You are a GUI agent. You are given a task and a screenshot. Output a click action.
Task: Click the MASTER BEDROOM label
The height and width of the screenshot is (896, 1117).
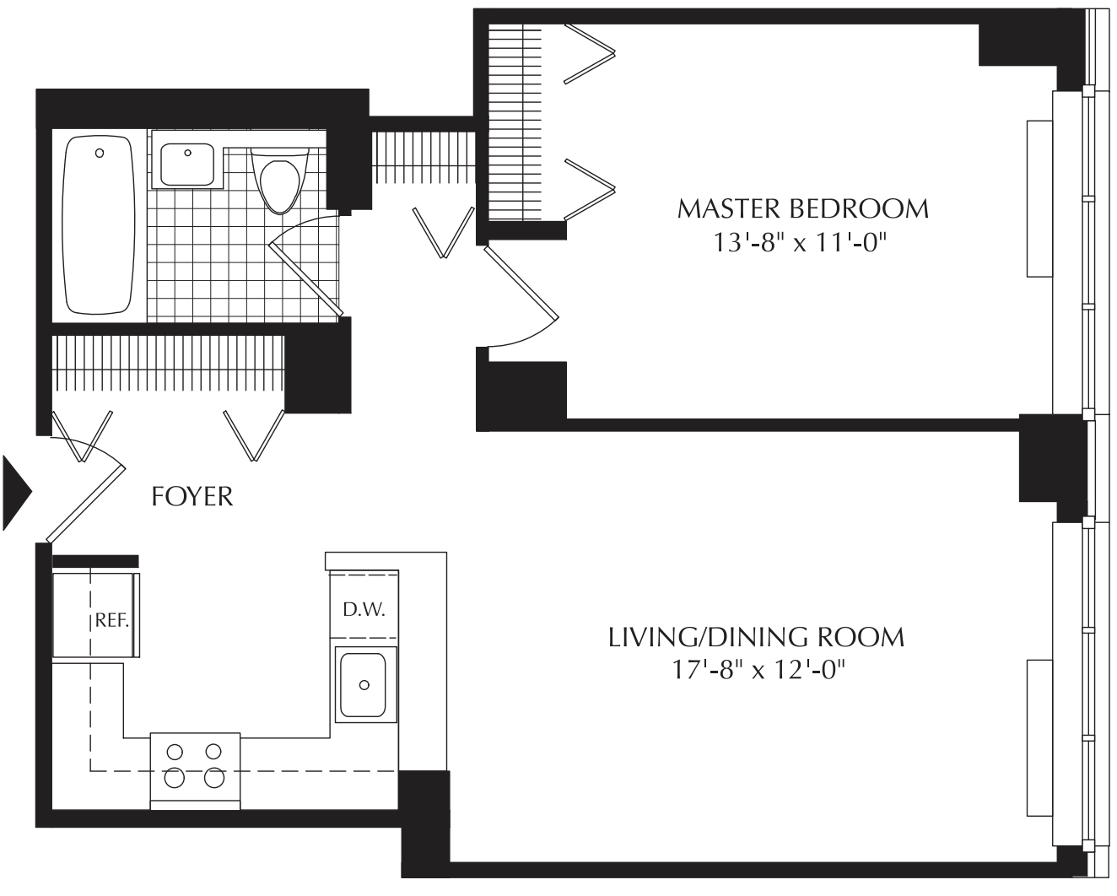pos(802,208)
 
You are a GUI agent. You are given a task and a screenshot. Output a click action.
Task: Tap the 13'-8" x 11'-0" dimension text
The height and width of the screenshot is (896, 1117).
pos(798,242)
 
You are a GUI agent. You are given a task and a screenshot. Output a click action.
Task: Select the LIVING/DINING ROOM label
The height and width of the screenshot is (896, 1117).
pos(756,638)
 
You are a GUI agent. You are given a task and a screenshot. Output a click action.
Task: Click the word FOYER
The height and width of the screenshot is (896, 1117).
pos(192,497)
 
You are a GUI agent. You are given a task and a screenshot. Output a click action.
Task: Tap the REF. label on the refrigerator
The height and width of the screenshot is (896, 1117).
pos(111,620)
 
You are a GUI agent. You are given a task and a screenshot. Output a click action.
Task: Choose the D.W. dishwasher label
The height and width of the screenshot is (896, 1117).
pos(364,609)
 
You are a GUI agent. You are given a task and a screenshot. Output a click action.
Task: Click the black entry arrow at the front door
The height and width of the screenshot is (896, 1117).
pos(17,493)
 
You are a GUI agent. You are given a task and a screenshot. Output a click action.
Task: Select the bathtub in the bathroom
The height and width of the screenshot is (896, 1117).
pos(98,225)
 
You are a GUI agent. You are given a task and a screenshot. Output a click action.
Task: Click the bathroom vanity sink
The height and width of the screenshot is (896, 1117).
pos(187,164)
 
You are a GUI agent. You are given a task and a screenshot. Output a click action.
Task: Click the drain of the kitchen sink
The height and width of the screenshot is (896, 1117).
pos(364,685)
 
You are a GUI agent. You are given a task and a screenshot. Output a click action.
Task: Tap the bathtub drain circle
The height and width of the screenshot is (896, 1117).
pos(100,154)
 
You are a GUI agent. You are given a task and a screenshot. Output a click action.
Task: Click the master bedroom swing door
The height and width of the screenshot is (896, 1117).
pos(521,282)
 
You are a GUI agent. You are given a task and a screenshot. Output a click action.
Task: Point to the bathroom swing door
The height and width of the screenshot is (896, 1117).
pos(306,279)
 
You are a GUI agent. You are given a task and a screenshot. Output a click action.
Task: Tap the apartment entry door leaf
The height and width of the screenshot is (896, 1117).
pos(86,505)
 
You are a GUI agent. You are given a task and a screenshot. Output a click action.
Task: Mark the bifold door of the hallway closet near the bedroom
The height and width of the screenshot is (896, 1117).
pos(444,233)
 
